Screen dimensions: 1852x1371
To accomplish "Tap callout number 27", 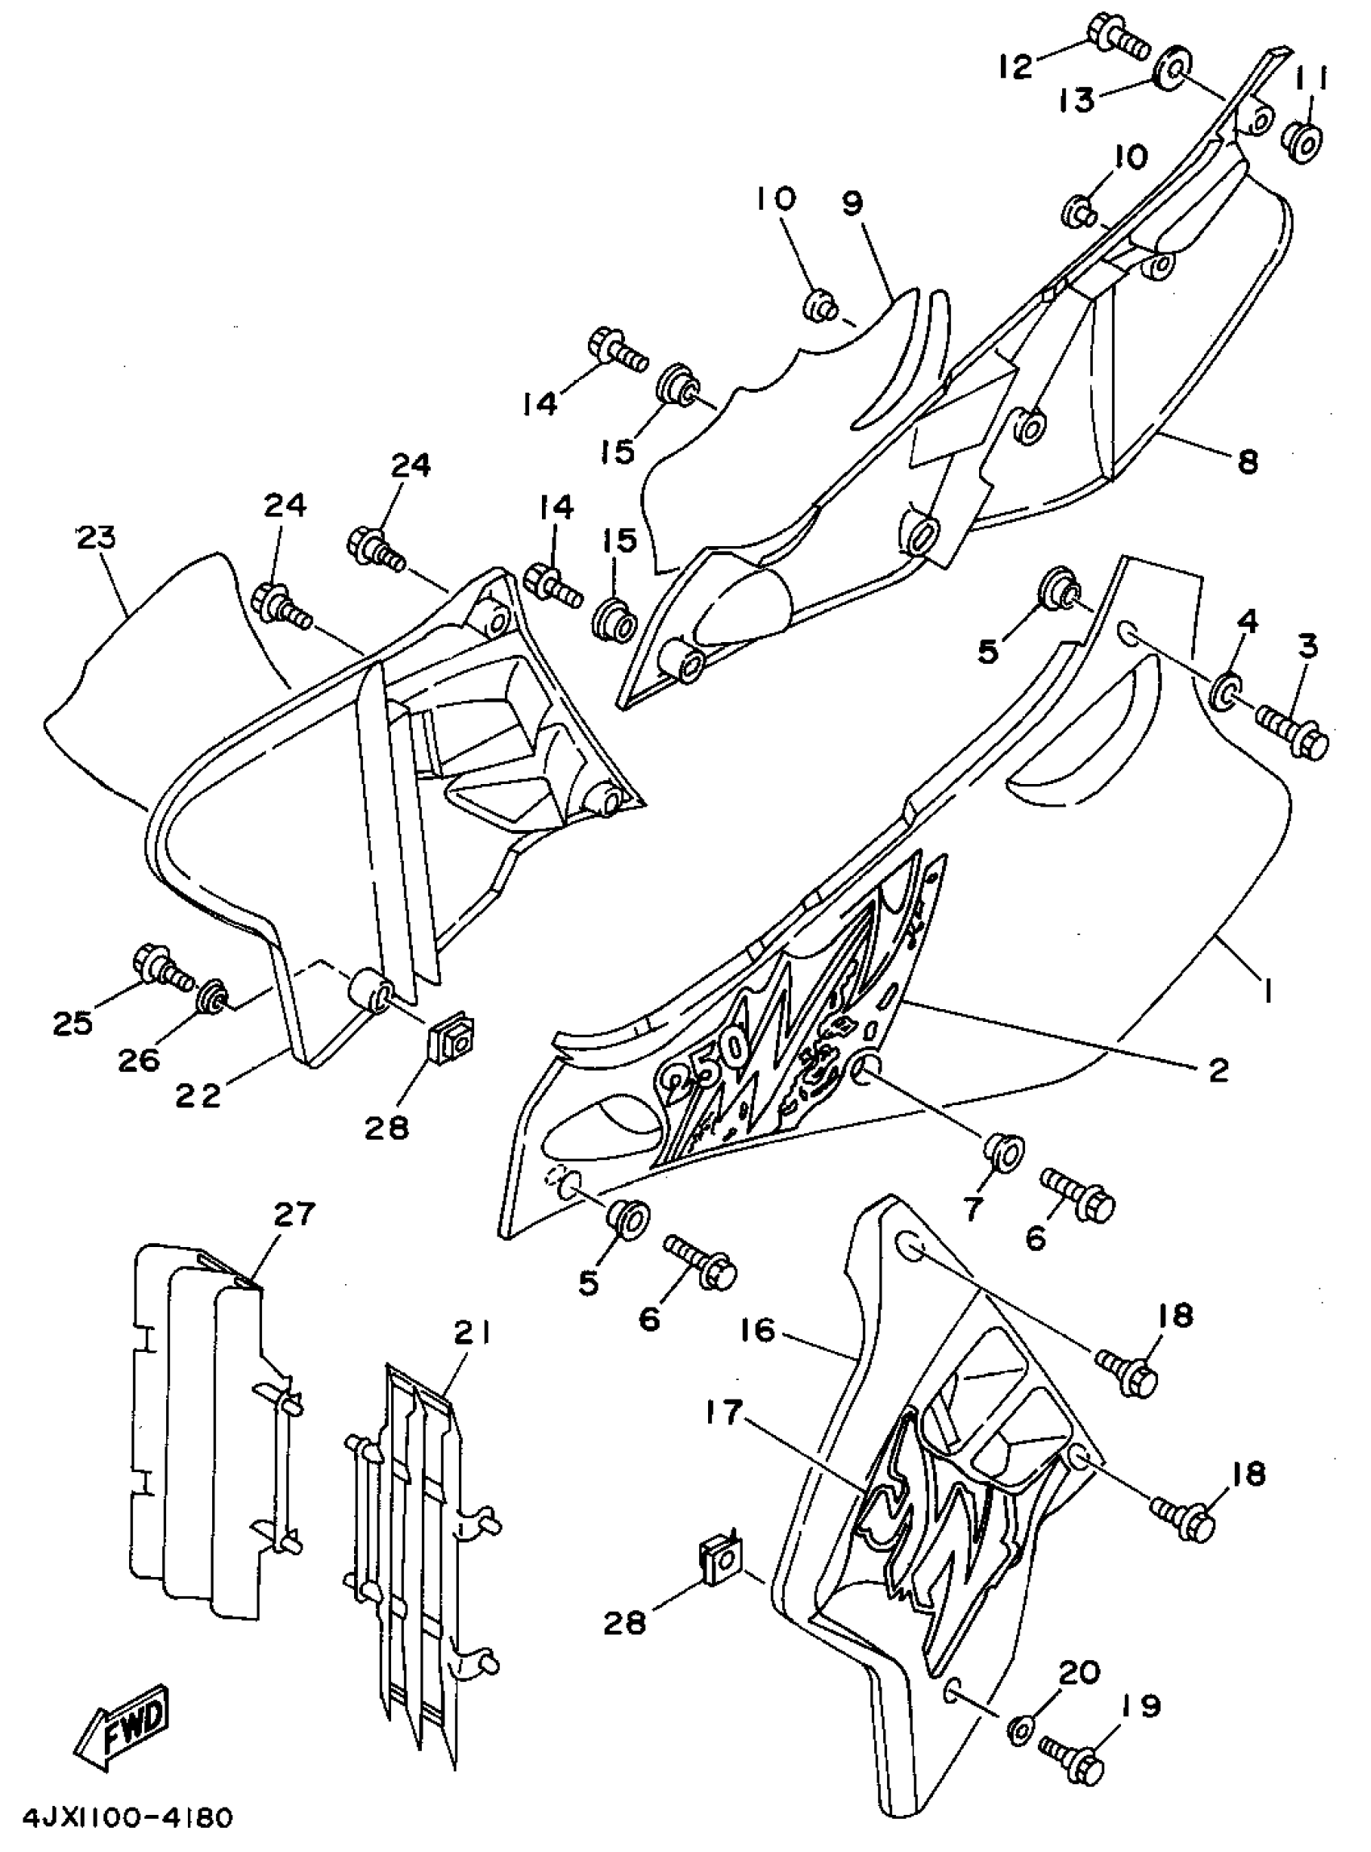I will coord(294,1214).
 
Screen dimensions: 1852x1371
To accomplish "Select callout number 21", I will coord(473,1334).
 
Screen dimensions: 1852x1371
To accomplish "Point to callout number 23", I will coord(96,538).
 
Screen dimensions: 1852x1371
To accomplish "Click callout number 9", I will coord(852,203).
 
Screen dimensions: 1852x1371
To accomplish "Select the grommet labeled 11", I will coord(1306,143).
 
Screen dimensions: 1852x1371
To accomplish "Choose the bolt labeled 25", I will coord(162,965).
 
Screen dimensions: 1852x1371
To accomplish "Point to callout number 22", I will coord(198,1095).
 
